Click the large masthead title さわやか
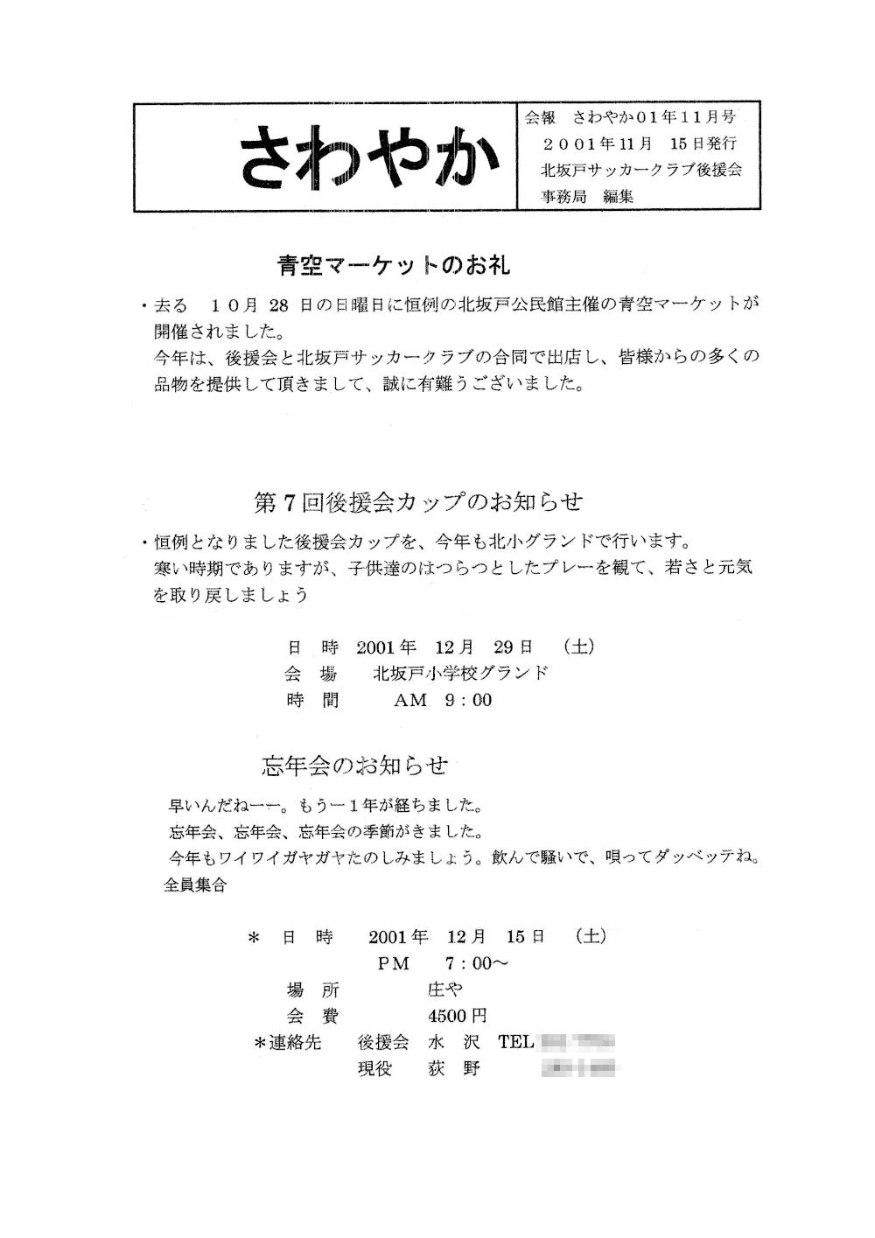pos(367,157)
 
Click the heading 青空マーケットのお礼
pos(393,263)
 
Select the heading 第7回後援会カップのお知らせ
pos(417,501)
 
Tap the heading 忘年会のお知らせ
pos(354,766)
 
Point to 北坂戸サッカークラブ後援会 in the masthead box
pos(641,170)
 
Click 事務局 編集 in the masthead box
pos(587,196)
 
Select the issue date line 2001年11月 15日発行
pos(640,143)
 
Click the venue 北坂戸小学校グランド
pos(460,673)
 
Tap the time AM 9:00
pos(443,700)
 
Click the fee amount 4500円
pos(457,1016)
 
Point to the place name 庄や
pos(445,990)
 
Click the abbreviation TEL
pos(515,1042)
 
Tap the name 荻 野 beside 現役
pos(454,1068)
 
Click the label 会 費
pos(312,1016)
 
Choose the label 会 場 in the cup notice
pos(311,674)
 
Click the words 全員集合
pos(195,885)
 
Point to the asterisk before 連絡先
pos(259,1043)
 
